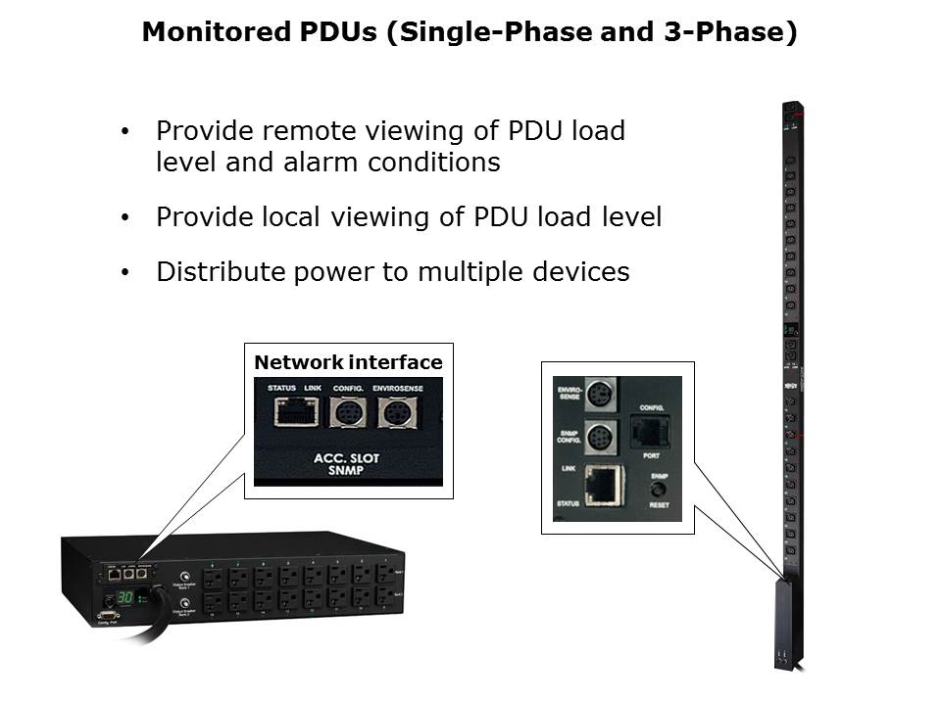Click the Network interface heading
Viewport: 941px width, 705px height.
(348, 363)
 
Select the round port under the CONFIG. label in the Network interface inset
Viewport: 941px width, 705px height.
(348, 414)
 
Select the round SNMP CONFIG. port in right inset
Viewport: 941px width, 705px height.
(599, 435)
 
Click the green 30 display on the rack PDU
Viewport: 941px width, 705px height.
(124, 597)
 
